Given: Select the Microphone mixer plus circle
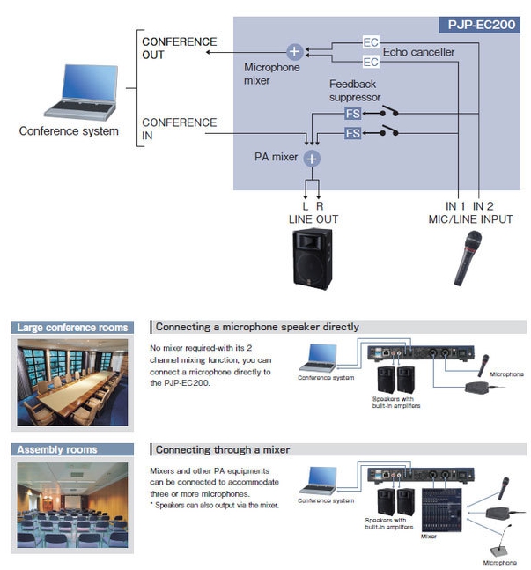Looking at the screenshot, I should click(x=294, y=52).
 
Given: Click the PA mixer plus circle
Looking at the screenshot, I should click(x=312, y=158).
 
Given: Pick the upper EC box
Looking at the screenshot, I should click(x=371, y=42).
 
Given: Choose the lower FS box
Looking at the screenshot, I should click(x=352, y=133).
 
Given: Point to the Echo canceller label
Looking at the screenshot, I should click(x=419, y=52).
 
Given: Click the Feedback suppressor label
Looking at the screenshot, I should click(x=354, y=90).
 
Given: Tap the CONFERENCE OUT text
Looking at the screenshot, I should click(x=180, y=48).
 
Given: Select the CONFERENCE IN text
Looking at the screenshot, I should click(x=180, y=130).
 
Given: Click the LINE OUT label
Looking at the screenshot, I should click(x=313, y=218).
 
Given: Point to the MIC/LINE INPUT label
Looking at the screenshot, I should click(x=469, y=218).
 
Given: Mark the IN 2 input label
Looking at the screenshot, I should click(x=482, y=206).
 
